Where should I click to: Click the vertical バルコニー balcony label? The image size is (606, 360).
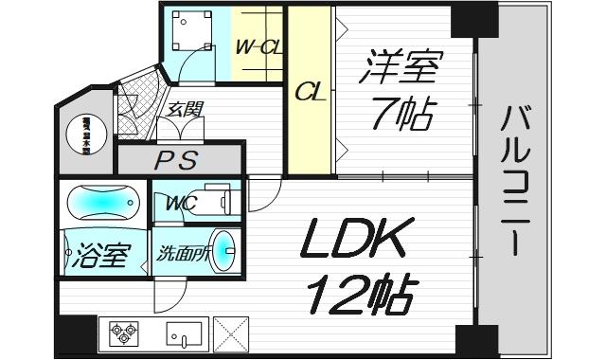click(518, 181)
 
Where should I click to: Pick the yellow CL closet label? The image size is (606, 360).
click(310, 94)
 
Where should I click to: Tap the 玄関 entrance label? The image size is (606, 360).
click(186, 110)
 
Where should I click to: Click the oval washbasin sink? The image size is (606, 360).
click(223, 253)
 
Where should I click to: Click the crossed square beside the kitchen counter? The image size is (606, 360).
click(232, 333)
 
